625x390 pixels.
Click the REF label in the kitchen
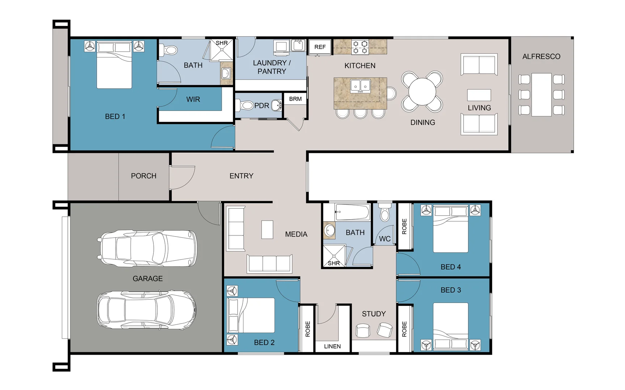click(x=320, y=47)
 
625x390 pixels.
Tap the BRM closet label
click(x=295, y=99)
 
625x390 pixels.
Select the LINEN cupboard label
click(x=332, y=346)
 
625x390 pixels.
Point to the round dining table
click(x=422, y=91)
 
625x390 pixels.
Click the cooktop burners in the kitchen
click(x=360, y=47)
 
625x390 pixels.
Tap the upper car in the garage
click(x=148, y=248)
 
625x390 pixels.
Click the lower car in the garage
click(x=146, y=310)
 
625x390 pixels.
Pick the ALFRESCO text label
click(x=541, y=57)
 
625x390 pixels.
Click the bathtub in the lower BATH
click(x=352, y=212)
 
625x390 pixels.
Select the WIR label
click(x=193, y=99)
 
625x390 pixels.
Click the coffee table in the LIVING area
click(x=479, y=95)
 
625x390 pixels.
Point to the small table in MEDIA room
click(x=267, y=230)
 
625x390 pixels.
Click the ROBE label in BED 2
click(x=308, y=329)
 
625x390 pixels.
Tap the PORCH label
click(x=144, y=176)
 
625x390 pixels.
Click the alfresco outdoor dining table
click(x=541, y=95)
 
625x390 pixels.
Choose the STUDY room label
click(x=374, y=314)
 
